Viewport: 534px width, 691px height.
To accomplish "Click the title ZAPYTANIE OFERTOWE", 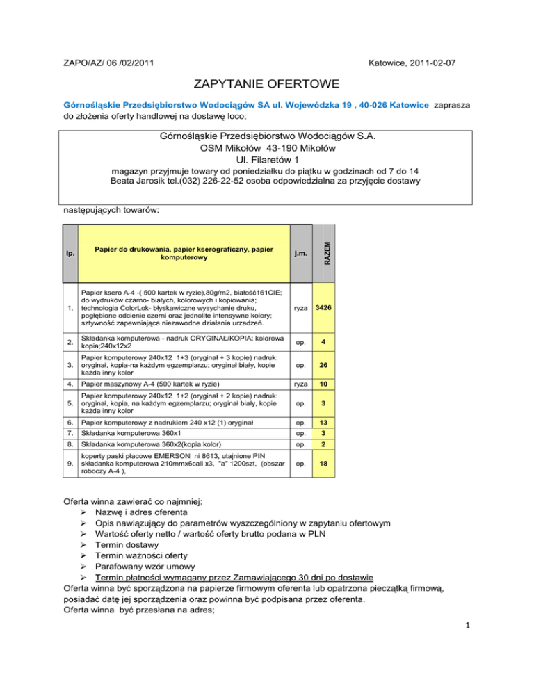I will click(266, 85).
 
